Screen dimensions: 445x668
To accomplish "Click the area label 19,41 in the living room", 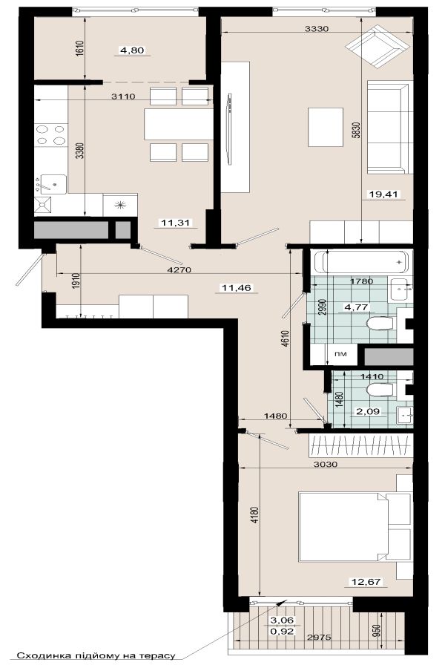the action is pos(383,194).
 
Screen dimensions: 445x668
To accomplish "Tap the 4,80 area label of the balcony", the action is pos(133,50).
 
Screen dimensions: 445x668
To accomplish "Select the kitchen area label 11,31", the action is pos(176,222).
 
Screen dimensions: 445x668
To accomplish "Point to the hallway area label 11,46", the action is pos(237,288).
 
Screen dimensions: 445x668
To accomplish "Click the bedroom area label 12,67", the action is pos(365,581).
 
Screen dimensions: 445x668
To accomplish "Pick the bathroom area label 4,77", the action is pos(356,307).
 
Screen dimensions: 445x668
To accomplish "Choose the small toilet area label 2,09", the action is pos(368,411).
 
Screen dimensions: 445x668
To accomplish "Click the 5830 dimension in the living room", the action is pos(357,130).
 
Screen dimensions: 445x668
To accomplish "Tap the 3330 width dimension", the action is pos(317,29).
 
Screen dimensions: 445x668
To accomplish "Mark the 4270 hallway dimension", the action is pos(180,269).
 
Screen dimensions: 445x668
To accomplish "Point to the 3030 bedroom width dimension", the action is pos(326,464).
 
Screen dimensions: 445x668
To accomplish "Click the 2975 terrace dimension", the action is pos(320,638).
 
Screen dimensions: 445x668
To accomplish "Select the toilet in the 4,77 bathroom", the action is pos(380,324).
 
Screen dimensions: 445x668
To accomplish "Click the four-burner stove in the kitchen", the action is pos(50,134).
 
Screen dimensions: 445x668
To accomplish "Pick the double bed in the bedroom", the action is pos(344,526).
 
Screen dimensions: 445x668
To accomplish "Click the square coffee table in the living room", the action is pos(326,127).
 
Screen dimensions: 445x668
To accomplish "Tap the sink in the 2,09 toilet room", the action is pos(404,415).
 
